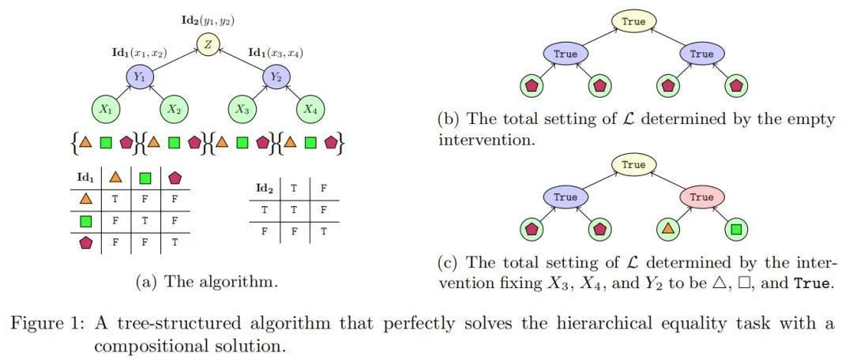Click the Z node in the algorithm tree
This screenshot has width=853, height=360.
pos(208,45)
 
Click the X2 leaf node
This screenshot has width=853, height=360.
pos(176,110)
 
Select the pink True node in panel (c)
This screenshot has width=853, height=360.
pos(701,197)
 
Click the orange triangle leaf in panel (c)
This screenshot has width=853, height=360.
pos(669,230)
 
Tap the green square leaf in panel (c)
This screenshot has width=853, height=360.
pos(735,230)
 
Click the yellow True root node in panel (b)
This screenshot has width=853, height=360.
pos(633,22)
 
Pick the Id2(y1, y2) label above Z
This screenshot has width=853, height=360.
pos(207,17)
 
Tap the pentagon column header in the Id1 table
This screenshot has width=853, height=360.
pos(173,178)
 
